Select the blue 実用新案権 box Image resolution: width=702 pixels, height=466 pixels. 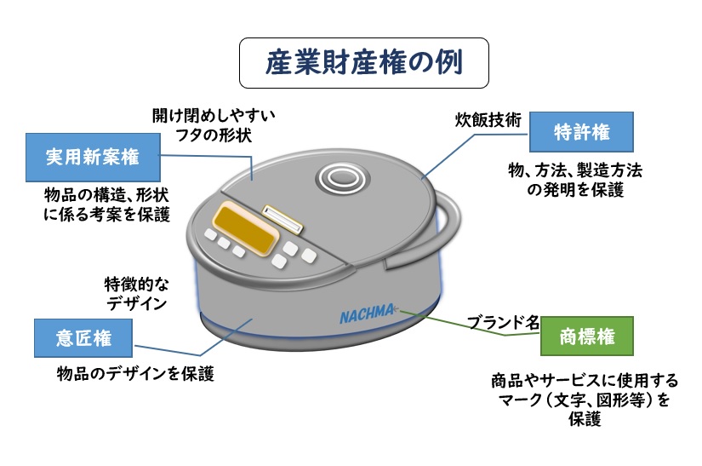coord(93,156)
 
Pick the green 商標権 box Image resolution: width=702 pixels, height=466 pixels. coord(587,336)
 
